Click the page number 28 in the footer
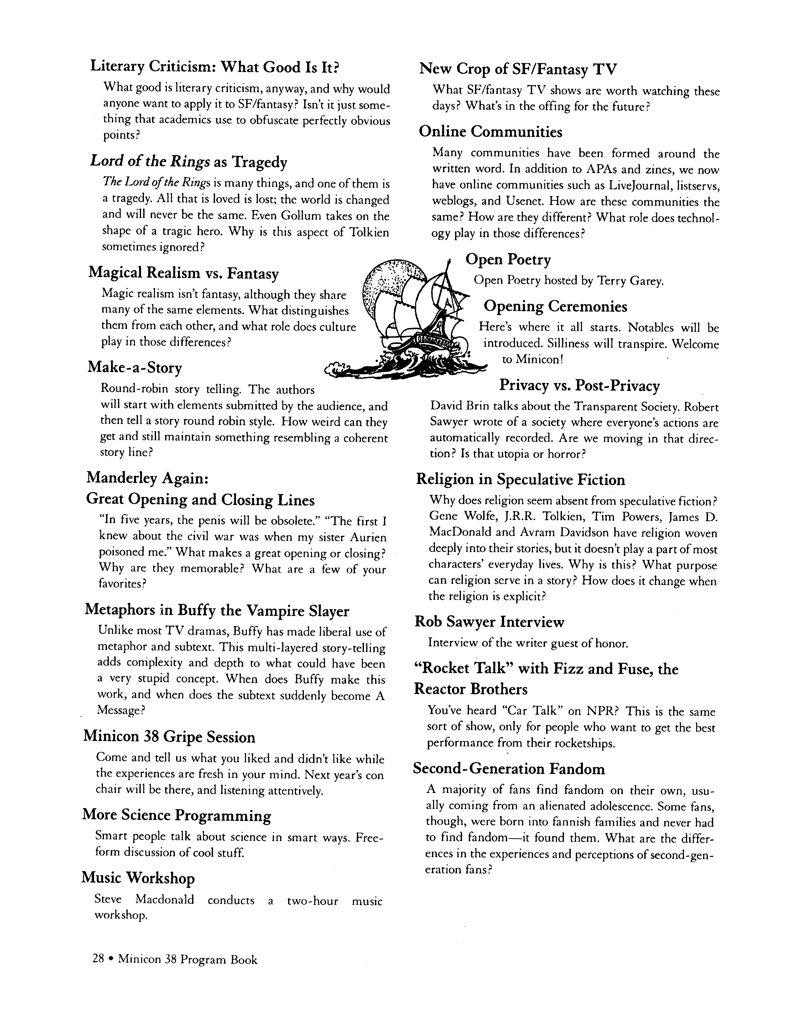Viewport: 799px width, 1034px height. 98,959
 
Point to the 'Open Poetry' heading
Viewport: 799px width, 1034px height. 508,260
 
